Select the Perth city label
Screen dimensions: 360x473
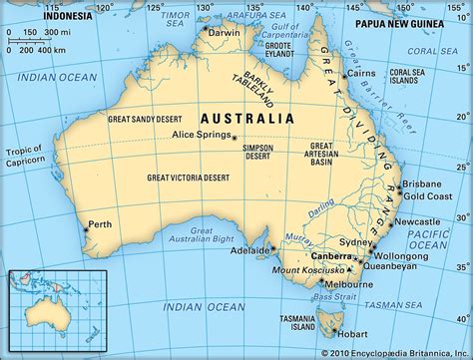point(100,224)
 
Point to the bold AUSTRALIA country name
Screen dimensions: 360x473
point(246,118)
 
